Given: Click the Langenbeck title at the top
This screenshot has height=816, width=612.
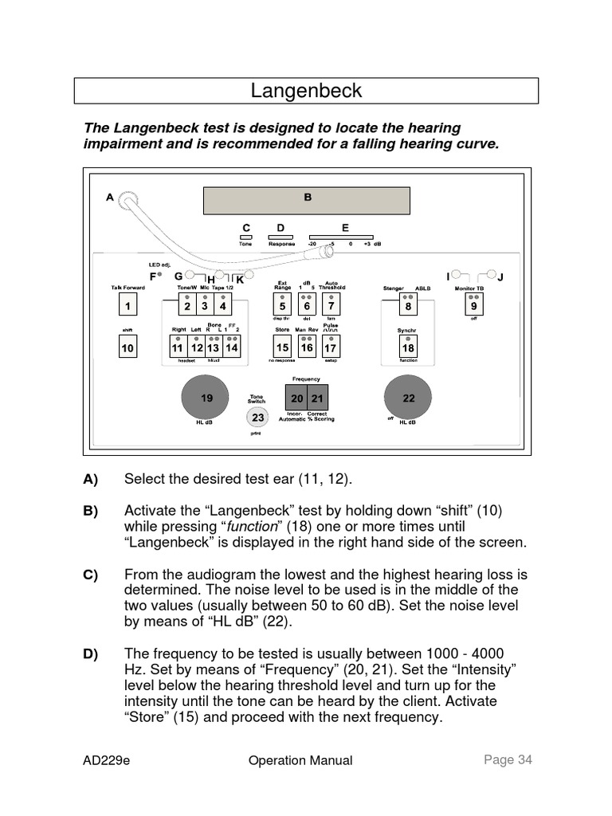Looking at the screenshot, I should click(x=306, y=91).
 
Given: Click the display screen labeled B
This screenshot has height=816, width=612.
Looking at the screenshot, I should click(x=307, y=199).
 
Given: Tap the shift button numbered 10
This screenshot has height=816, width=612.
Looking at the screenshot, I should click(x=127, y=348).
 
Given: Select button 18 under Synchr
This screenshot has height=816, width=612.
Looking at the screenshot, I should click(x=408, y=348).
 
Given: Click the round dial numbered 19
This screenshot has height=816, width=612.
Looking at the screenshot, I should click(x=206, y=398).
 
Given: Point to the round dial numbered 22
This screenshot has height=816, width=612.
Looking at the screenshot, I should click(x=408, y=398).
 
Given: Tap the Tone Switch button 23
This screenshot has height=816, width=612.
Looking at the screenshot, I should click(x=257, y=417).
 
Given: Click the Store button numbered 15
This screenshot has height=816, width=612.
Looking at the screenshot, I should click(x=282, y=348).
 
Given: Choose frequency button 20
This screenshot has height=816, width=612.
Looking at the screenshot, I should click(x=296, y=398).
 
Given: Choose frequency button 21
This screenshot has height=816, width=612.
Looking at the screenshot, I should click(x=317, y=398).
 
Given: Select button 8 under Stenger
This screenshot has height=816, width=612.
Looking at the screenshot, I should click(x=408, y=306).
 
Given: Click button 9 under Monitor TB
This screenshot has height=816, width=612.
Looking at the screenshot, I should click(x=474, y=306).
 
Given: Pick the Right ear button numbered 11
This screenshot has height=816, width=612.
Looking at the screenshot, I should click(x=178, y=348).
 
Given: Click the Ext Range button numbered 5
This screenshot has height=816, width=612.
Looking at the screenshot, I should click(x=282, y=306).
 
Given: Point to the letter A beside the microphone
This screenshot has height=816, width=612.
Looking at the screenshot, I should click(x=110, y=198).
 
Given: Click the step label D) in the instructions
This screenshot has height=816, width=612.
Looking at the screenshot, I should click(x=90, y=654).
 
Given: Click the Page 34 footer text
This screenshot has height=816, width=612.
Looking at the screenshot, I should click(x=508, y=759).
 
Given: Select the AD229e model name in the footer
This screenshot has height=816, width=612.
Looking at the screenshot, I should click(x=107, y=760).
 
